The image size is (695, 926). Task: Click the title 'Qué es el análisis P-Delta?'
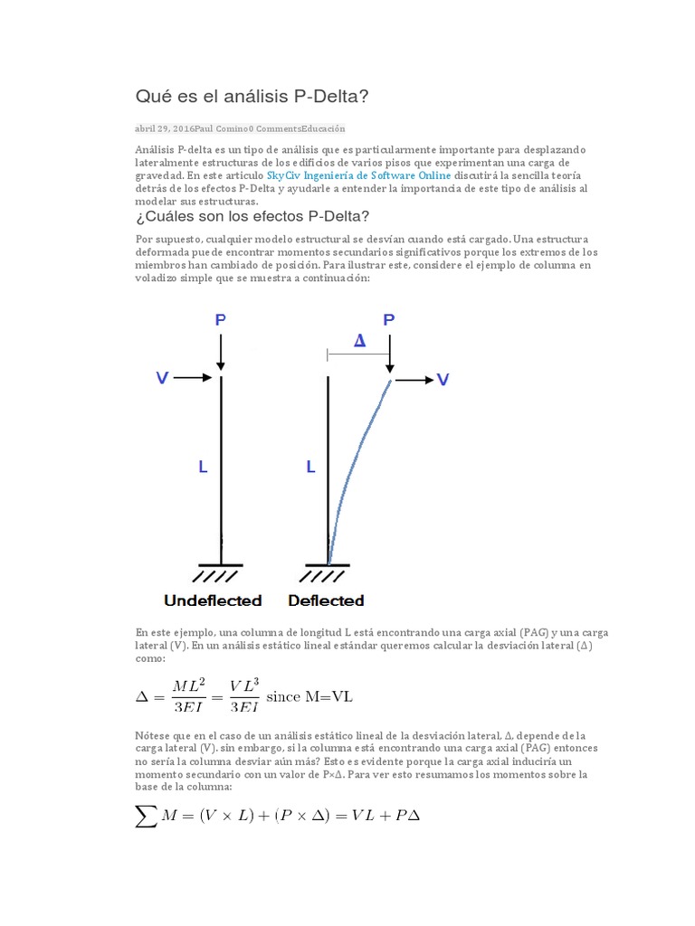coord(252,96)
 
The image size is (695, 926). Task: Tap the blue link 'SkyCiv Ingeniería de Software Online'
coord(358,175)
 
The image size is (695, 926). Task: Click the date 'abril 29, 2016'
coord(164,128)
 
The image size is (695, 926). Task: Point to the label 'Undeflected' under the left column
coord(213,600)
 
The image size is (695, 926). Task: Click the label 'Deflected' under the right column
coord(326,600)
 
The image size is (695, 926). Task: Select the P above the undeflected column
coord(221,320)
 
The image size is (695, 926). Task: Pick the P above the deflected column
coord(389,320)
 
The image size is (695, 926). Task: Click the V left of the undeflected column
coord(162,379)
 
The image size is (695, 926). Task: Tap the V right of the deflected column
coord(443,381)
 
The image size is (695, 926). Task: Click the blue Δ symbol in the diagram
coord(359,341)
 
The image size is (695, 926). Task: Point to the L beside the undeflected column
coord(203,468)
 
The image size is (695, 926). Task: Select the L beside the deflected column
coord(310,468)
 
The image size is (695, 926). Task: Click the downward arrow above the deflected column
coord(389,353)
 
